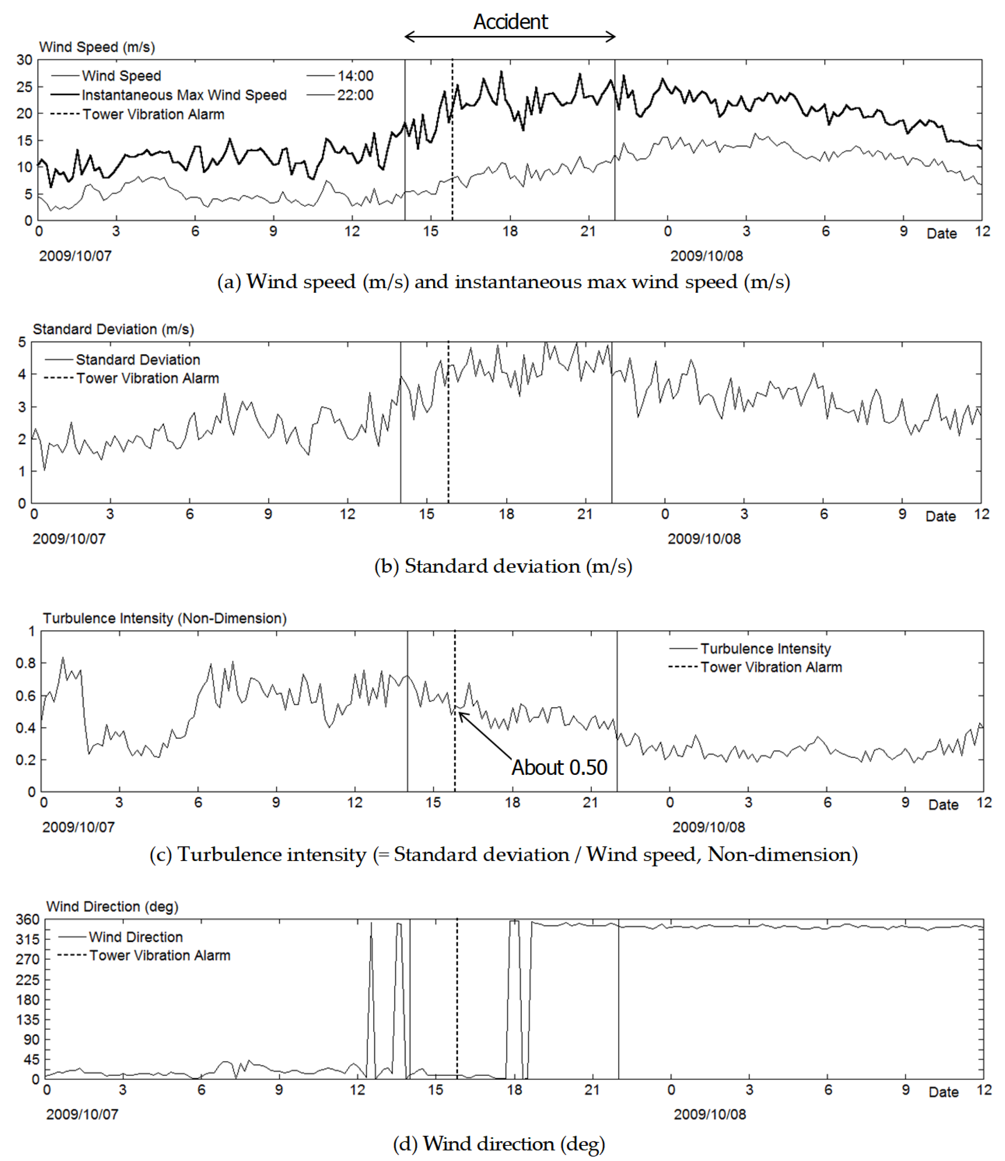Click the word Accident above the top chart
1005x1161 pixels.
click(x=510, y=22)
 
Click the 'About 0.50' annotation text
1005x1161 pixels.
click(x=559, y=767)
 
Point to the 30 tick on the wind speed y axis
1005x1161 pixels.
click(x=24, y=60)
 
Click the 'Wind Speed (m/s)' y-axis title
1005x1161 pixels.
click(x=97, y=47)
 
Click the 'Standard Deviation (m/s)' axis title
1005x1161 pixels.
click(x=113, y=329)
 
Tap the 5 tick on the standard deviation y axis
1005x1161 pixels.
click(x=22, y=342)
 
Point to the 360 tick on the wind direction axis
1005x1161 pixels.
click(x=28, y=919)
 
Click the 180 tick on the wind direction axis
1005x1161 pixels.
click(x=28, y=999)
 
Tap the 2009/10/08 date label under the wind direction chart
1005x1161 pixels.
click(x=710, y=1115)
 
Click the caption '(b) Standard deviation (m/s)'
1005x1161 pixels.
click(x=503, y=566)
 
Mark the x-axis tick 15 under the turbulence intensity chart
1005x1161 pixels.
click(x=433, y=802)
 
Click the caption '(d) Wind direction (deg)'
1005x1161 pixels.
click(x=499, y=1144)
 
